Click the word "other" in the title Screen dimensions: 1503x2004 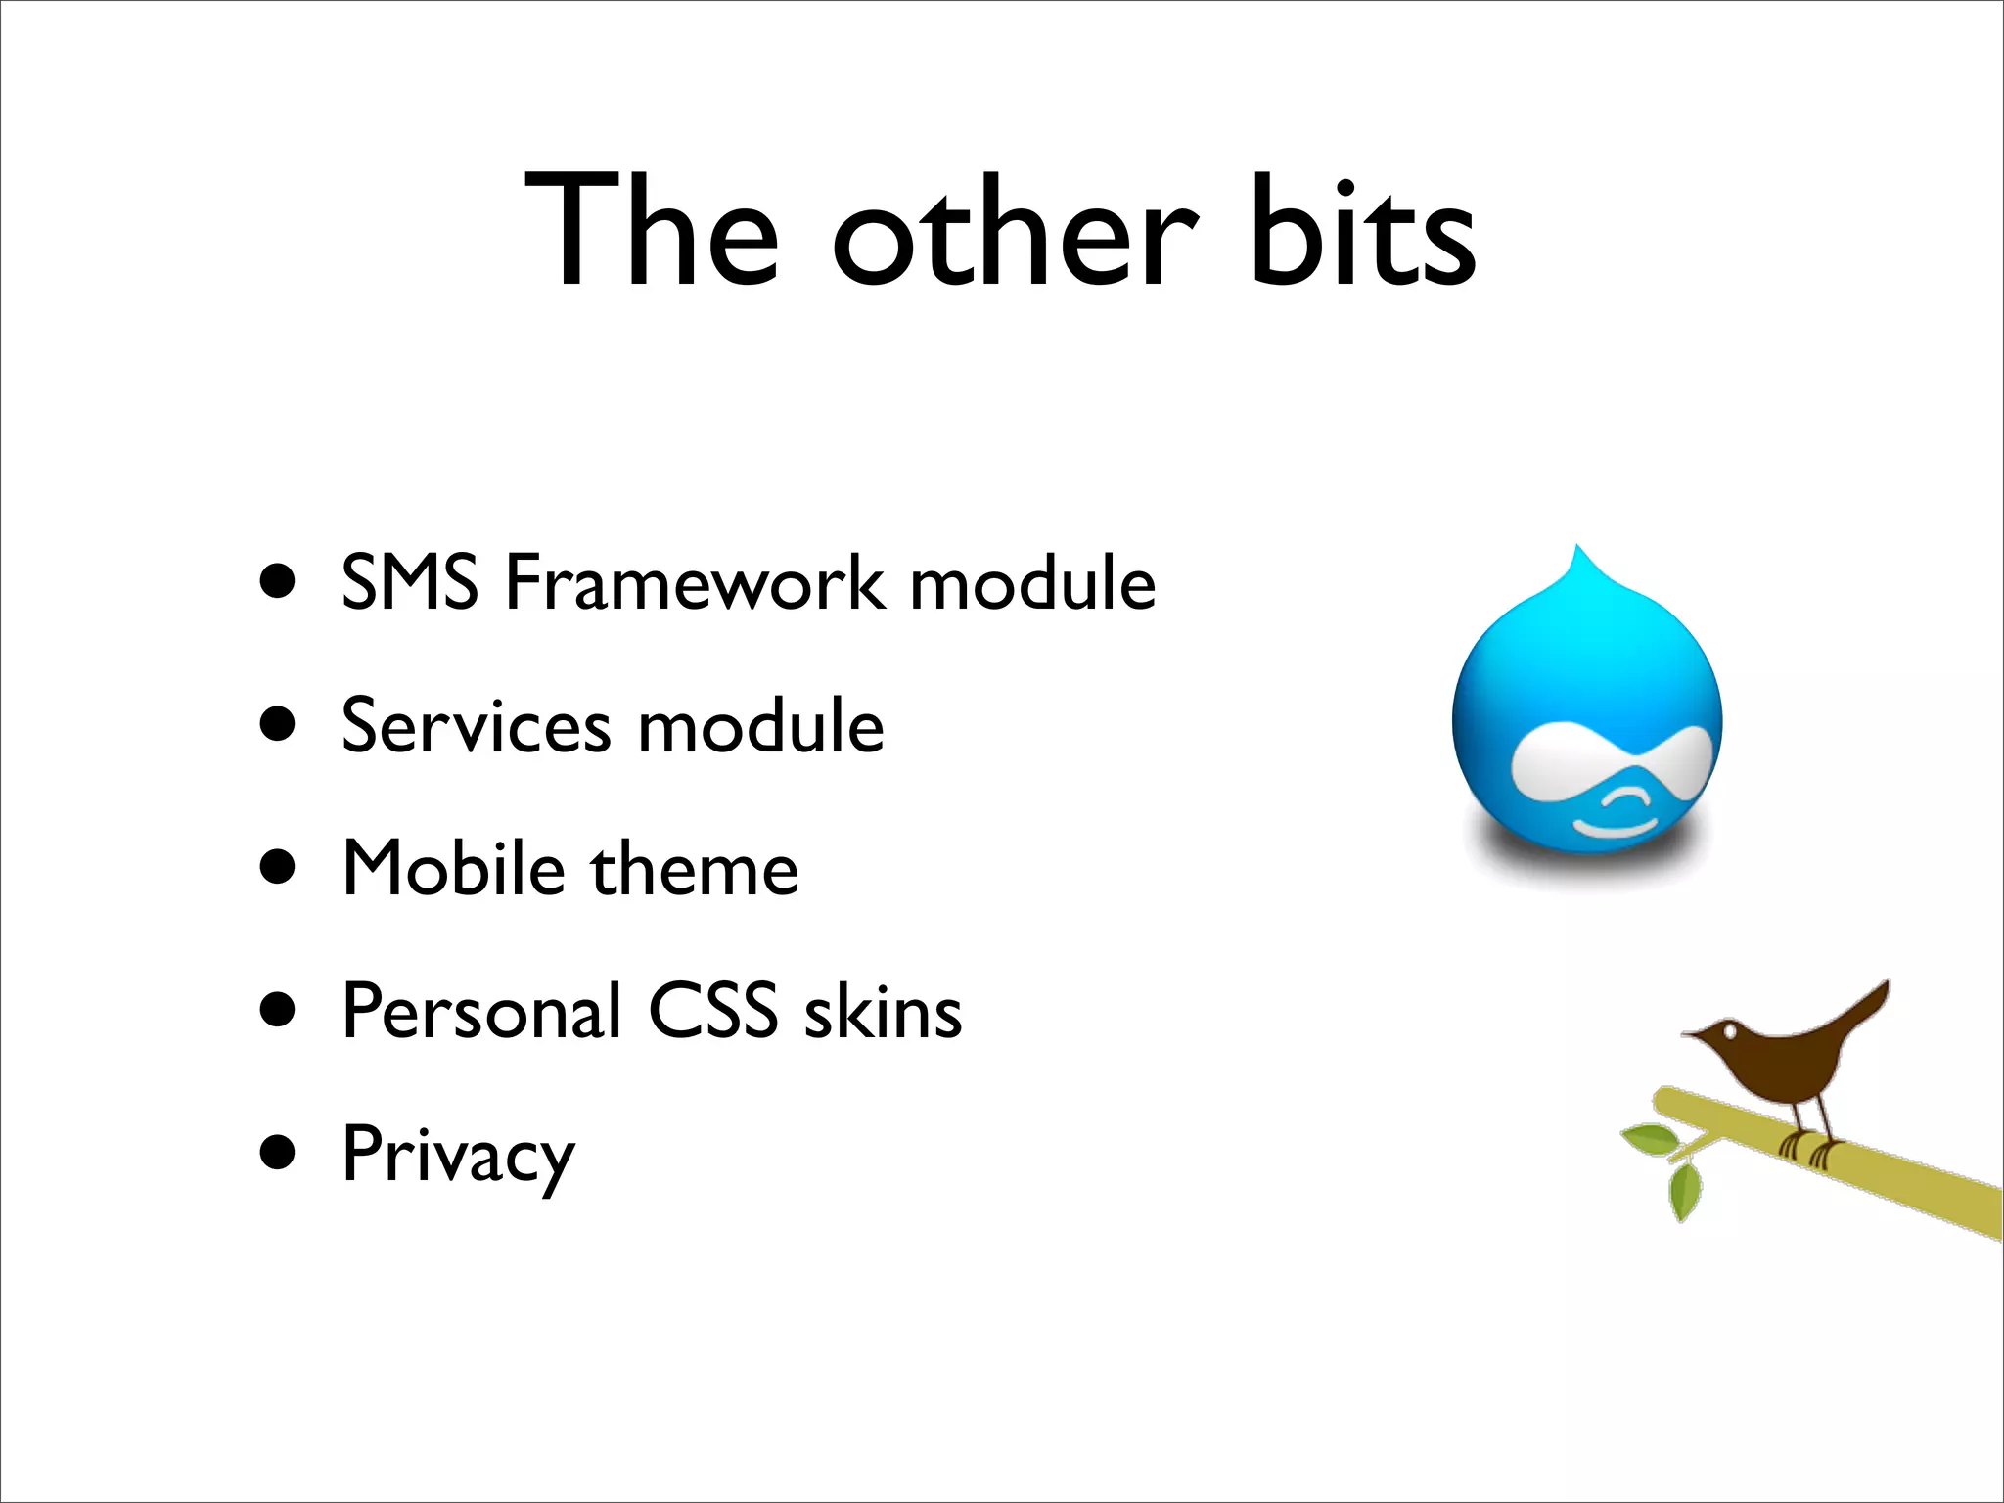[1015, 235]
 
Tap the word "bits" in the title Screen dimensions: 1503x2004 [1362, 235]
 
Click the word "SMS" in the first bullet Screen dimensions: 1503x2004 [409, 583]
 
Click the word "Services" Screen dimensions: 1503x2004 [476, 727]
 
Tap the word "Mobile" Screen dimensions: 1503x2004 [454, 869]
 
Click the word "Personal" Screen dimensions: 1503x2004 [481, 1012]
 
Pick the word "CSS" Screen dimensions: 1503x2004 [712, 1012]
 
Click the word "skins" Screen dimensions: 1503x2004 [883, 1012]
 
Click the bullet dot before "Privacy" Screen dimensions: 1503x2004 [278, 1153]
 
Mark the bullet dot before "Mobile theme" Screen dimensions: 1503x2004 [278, 867]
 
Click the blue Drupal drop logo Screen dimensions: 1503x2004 [1586, 714]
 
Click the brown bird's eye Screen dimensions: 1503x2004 [1731, 1030]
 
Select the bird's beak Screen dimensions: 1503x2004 [1693, 1034]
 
